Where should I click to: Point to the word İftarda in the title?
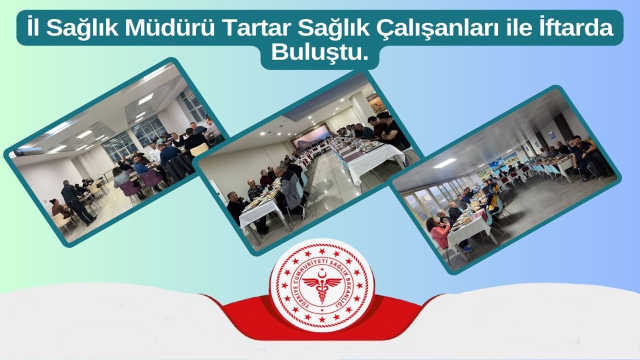tap(576, 28)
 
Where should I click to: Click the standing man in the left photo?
tap(77, 201)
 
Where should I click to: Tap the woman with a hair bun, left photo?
tap(59, 208)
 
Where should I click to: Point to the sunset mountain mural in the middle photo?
tap(310, 135)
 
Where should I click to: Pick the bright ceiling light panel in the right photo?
tap(444, 163)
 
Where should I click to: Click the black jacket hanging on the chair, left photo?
tap(179, 168)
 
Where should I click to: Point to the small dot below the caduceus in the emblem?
tap(322, 310)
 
